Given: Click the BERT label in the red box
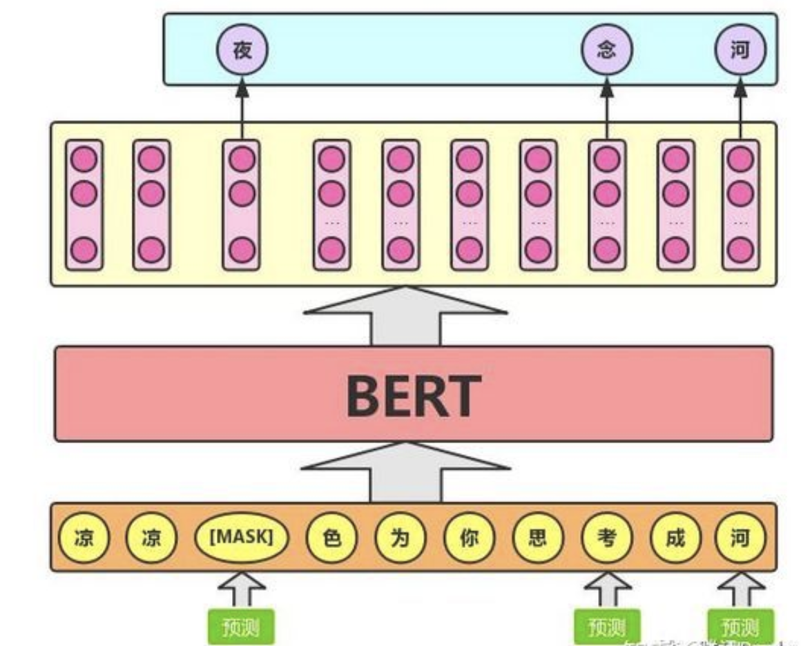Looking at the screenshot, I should pos(413,394).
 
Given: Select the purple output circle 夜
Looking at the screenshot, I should pos(242,50).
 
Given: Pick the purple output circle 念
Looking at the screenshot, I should pos(606,50).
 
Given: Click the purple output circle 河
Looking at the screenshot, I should pos(740,50).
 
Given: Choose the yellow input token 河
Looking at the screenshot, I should pos(740,537).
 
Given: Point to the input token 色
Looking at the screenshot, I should pos(332,537).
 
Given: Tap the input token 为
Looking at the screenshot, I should pos(400,537).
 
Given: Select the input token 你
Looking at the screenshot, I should pos(469,537).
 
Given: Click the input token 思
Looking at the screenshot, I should pos(538,537).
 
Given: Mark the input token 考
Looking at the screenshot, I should pos(606,537).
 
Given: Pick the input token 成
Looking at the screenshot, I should pos(675,537).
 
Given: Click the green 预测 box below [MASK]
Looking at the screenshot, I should pos(240,626).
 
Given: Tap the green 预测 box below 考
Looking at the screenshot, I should pos(606,626).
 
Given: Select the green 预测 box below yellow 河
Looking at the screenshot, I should pos(740,626).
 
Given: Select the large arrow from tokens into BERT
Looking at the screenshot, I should pos(405,473).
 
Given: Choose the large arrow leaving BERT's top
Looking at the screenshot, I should pos(405,317).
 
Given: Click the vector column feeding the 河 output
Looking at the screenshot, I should pos(740,204).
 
